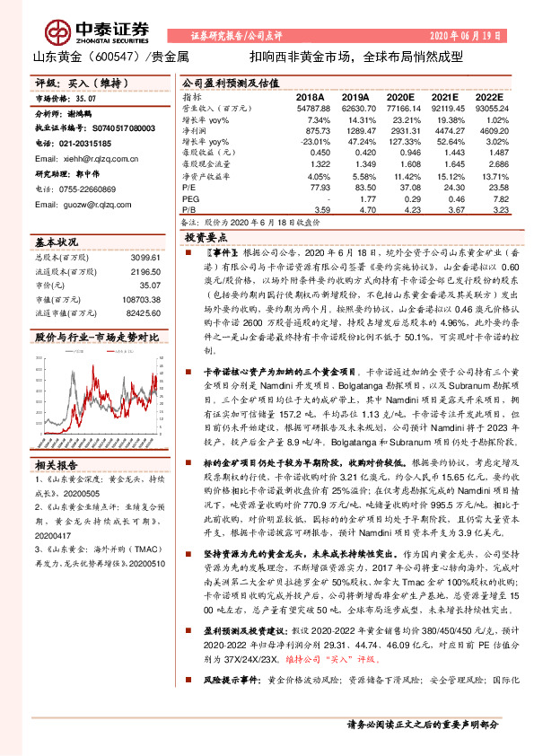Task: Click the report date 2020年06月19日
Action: (467, 36)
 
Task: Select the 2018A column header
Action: (310, 96)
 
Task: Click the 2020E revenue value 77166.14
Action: (399, 108)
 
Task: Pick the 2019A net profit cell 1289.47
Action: (356, 130)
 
